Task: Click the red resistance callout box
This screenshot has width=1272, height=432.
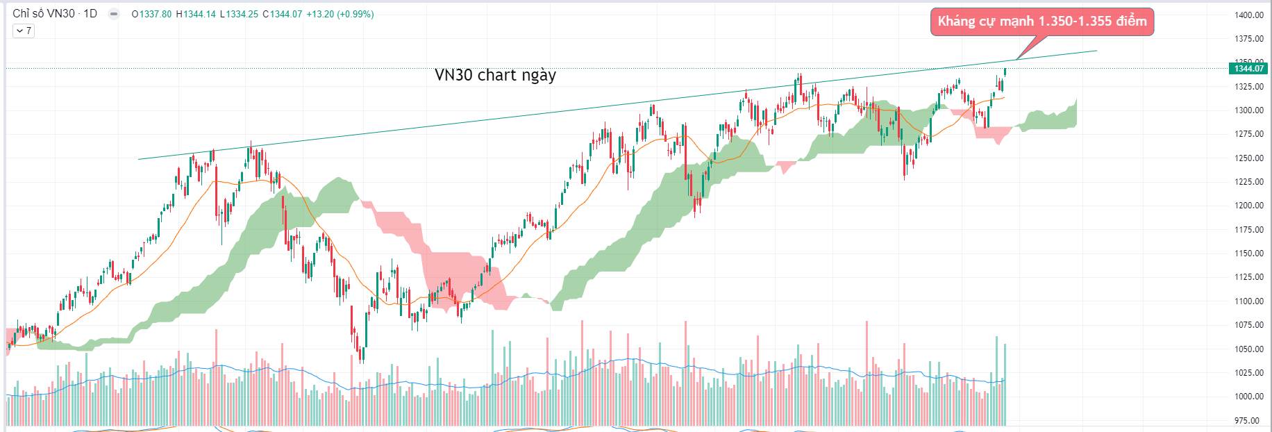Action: (1041, 22)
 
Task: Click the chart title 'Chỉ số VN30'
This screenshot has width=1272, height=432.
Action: (43, 14)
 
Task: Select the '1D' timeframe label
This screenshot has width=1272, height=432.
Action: (90, 14)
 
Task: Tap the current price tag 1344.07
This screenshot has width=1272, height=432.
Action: (1249, 68)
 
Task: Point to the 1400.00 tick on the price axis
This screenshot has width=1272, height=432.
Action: (1249, 15)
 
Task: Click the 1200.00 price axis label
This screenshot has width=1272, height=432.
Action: (1249, 206)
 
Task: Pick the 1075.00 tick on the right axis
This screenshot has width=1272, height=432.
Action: (1249, 325)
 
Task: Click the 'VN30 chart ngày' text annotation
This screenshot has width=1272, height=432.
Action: (495, 75)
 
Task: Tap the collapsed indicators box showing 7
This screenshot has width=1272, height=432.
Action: (24, 31)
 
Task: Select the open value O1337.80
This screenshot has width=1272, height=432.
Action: (151, 14)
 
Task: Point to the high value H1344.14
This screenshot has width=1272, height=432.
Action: (196, 14)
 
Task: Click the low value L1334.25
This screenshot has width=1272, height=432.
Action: (239, 14)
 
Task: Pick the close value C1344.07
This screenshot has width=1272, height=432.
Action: (282, 14)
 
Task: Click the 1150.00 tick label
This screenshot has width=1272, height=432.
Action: (1249, 254)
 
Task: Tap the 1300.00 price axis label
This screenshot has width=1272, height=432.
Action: (1249, 110)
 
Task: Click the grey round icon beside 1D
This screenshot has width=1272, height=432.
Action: (113, 14)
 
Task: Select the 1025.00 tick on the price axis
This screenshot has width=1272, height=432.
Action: (1249, 373)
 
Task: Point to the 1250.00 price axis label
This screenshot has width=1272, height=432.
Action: (1249, 158)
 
